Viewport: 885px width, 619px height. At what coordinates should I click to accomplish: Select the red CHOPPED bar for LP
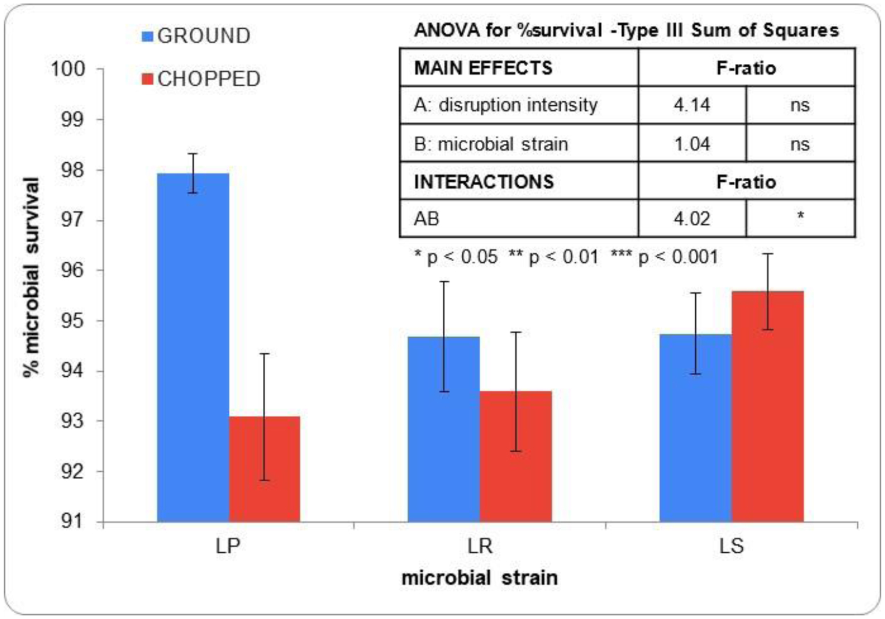(264, 469)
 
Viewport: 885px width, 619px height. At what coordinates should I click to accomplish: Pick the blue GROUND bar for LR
(443, 429)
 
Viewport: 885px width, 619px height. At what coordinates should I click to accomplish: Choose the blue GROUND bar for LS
(695, 428)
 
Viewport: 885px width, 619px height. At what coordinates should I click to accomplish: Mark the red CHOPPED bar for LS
(767, 406)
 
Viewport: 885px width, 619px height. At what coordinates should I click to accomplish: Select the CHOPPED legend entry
(201, 79)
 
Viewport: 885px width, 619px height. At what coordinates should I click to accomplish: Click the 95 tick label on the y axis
(72, 320)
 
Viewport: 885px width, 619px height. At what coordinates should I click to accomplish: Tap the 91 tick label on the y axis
(72, 521)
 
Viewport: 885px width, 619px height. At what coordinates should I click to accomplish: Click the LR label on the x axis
(480, 545)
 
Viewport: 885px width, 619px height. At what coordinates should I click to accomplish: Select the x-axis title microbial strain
(479, 577)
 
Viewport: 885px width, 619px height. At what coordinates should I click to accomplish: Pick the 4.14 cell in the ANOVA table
(691, 105)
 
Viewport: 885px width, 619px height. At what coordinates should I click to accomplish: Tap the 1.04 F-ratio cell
(691, 143)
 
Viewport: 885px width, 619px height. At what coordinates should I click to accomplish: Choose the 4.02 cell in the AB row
(691, 219)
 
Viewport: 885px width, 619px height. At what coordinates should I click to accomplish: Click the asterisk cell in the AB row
(800, 217)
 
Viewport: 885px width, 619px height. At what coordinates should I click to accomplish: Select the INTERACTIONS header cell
(484, 182)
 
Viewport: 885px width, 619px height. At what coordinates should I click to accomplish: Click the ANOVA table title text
(626, 30)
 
